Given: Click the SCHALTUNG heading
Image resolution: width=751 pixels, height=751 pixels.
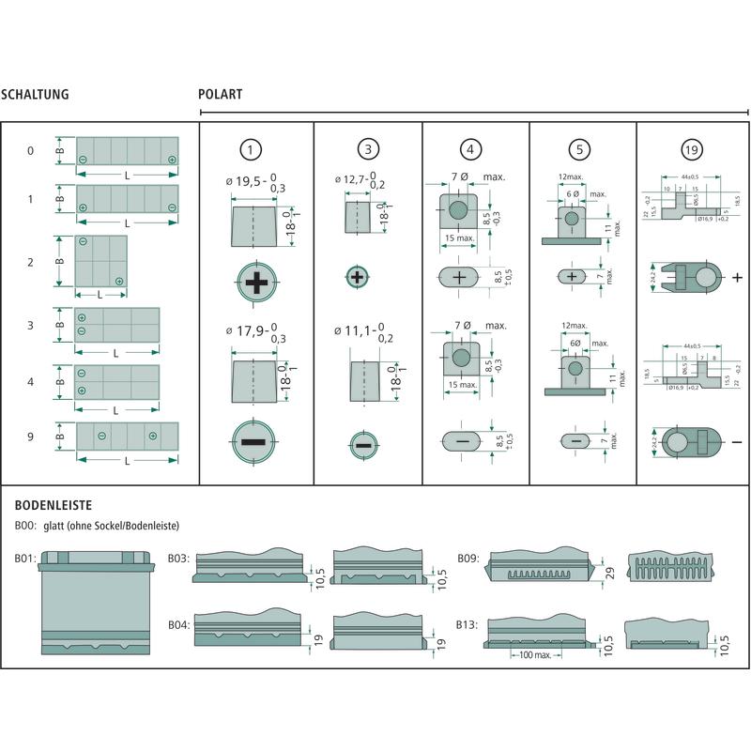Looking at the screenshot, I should click(35, 95).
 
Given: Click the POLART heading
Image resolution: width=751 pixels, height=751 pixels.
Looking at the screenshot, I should click(221, 95).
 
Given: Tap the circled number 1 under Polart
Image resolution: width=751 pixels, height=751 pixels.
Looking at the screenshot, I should click(250, 149).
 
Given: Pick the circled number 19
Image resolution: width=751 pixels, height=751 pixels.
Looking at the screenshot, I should click(691, 149).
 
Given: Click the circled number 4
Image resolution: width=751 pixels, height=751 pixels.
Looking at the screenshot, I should click(471, 149).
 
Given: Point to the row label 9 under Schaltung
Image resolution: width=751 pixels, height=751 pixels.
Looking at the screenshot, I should click(30, 436).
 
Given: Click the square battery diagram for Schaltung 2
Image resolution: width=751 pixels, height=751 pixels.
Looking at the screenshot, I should click(101, 261).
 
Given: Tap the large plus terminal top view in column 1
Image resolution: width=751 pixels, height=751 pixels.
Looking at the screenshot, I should click(254, 283).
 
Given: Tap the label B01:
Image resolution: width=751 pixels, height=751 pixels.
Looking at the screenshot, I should click(24, 559).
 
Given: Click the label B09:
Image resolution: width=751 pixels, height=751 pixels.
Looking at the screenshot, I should click(468, 559).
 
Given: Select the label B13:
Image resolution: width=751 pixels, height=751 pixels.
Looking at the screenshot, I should click(468, 624).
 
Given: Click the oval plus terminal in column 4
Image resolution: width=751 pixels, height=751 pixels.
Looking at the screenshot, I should click(459, 278).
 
